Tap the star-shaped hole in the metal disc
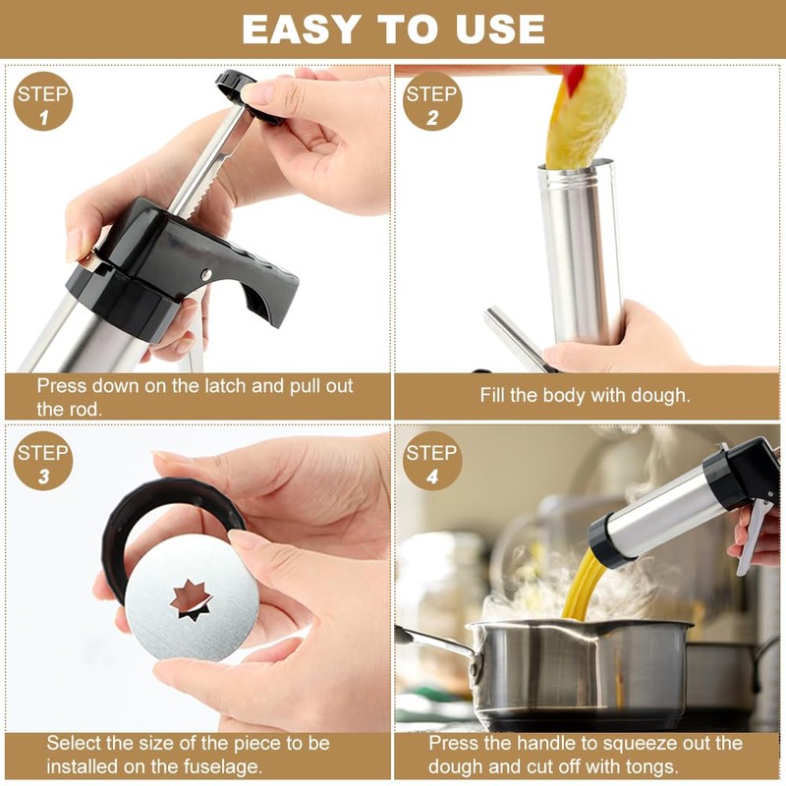(191, 599)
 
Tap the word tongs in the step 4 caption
(651, 766)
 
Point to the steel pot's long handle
(432, 640)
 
